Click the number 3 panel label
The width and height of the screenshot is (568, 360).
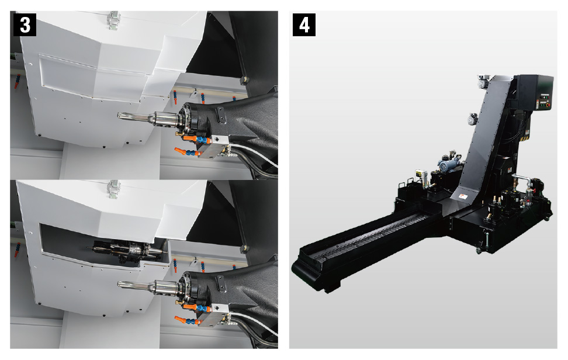click(x=25, y=25)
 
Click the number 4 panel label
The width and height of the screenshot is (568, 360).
click(x=304, y=25)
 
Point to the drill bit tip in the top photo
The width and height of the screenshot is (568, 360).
click(x=119, y=116)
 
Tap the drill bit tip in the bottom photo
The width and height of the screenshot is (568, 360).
click(x=119, y=285)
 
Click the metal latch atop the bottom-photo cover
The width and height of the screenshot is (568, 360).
click(x=114, y=188)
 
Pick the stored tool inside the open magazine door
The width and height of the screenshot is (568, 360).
click(x=127, y=250)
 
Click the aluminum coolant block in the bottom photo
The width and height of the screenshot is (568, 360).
click(x=214, y=314)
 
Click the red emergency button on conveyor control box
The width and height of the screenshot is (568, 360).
click(x=548, y=105)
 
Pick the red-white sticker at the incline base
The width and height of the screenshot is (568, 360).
click(x=463, y=197)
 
